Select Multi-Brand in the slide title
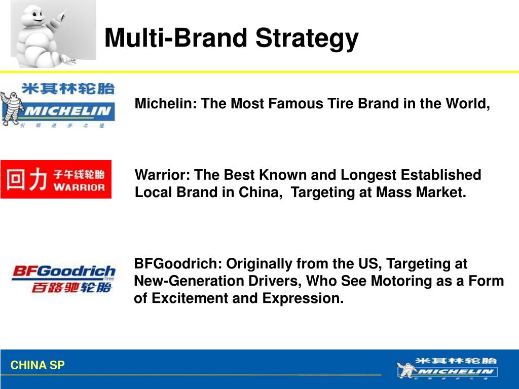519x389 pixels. click(176, 38)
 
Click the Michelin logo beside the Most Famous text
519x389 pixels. click(58, 105)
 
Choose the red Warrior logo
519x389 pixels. click(56, 179)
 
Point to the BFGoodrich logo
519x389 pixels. click(63, 279)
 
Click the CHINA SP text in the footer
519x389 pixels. click(38, 365)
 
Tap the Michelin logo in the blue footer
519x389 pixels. click(446, 368)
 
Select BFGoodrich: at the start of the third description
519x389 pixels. click(178, 264)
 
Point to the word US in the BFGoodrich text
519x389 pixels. click(372, 264)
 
